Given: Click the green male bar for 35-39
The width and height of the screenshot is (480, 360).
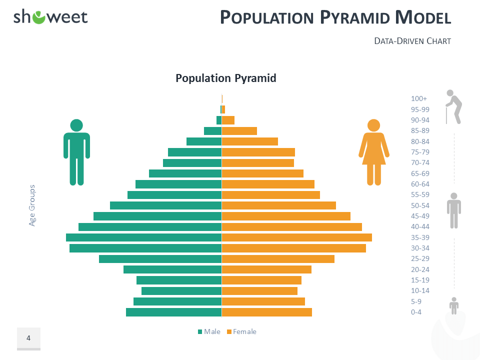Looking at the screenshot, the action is [143, 237].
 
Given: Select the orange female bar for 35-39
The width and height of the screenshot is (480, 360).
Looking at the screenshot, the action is [297, 237].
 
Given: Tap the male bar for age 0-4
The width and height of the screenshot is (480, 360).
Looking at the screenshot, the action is [174, 312].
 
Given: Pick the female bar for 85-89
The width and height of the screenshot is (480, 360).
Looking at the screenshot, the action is [239, 131].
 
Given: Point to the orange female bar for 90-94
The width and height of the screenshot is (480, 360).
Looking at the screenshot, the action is [228, 120].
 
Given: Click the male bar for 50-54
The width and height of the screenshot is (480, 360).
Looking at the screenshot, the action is [166, 205].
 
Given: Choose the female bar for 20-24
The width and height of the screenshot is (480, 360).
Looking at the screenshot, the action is [266, 269].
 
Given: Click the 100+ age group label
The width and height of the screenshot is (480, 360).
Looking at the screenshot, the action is [419, 98].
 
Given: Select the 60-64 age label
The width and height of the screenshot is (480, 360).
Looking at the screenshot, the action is [420, 184].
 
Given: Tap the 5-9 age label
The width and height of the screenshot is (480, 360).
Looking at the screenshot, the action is [416, 301].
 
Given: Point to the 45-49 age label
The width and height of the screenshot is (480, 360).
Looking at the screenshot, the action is [420, 216].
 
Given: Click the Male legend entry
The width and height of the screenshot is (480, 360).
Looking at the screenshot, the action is [209, 331].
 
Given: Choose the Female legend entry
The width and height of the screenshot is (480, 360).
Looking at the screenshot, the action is [241, 331].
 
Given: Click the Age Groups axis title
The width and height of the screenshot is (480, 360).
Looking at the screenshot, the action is [32, 205].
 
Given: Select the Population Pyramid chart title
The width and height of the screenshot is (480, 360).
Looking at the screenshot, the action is [226, 78].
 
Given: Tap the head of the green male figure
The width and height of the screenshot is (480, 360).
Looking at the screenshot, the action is [76, 125].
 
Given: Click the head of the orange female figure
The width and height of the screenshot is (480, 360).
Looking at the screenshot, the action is [374, 125].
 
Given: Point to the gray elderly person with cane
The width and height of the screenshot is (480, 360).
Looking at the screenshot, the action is [453, 107].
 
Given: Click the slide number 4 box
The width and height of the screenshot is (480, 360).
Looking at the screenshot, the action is [29, 338].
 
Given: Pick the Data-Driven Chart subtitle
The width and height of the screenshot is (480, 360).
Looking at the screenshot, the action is [412, 41].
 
